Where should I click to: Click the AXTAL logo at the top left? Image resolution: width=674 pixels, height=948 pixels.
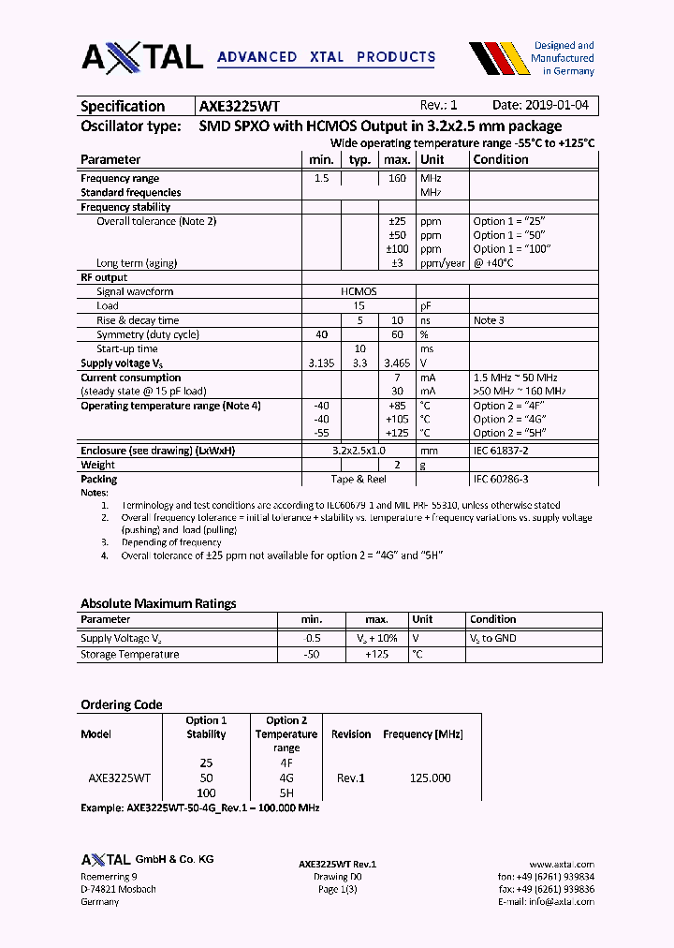point(142,57)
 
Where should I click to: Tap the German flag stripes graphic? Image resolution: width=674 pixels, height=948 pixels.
point(496,57)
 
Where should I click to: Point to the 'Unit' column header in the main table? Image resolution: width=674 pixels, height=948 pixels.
point(432,159)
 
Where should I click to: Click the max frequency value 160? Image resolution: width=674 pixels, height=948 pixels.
point(396,178)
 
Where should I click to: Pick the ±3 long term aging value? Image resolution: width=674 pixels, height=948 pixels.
point(396,263)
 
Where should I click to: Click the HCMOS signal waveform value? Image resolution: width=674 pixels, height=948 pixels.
point(359,291)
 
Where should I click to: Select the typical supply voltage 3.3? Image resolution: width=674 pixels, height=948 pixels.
point(359,363)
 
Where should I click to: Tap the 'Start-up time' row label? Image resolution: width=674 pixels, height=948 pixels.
point(126,348)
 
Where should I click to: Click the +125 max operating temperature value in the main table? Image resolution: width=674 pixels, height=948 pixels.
point(396,433)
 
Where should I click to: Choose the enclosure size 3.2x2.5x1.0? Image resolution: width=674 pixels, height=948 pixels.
point(359,451)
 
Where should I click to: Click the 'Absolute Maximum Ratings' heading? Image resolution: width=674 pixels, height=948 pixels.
point(158,603)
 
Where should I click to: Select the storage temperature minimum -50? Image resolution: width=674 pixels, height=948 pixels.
point(311,654)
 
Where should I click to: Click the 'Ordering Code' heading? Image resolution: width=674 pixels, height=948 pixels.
point(122,704)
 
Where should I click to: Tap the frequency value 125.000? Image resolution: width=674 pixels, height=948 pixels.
point(430,778)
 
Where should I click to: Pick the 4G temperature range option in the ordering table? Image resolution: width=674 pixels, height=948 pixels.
point(286,778)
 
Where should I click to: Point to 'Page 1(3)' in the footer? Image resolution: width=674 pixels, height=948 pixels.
point(337,889)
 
